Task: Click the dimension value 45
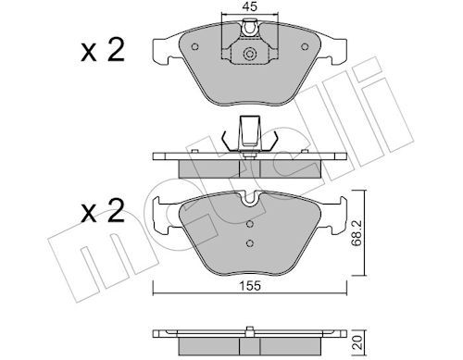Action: click(x=250, y=6)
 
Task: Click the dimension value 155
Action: click(x=250, y=286)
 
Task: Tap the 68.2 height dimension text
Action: click(x=357, y=233)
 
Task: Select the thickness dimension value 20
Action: click(x=357, y=343)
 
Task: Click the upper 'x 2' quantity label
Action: click(x=103, y=50)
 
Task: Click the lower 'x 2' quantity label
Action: click(x=103, y=211)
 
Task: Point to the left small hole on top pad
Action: click(x=194, y=47)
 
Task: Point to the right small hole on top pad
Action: click(x=305, y=46)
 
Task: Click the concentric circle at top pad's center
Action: click(x=250, y=54)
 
